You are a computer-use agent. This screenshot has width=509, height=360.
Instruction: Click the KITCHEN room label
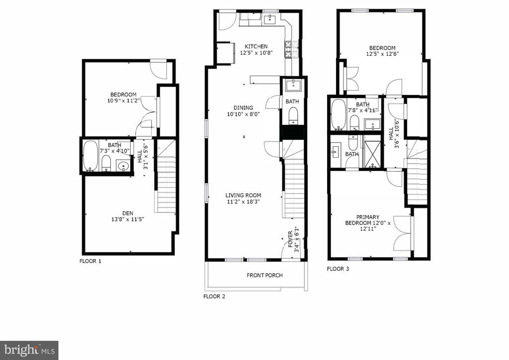point(256,46)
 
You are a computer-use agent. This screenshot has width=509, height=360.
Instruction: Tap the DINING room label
point(244,108)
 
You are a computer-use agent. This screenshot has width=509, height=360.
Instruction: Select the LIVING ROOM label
point(244,195)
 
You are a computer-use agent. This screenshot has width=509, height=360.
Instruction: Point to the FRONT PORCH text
point(264,275)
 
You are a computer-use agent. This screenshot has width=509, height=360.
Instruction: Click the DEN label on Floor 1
point(128,213)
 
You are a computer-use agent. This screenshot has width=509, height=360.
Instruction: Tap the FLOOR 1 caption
point(90,261)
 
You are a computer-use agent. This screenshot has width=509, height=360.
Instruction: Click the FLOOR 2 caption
point(214,296)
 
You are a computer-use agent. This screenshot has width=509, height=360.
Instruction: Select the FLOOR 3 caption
point(338,269)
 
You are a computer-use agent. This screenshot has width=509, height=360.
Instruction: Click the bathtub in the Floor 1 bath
point(90,156)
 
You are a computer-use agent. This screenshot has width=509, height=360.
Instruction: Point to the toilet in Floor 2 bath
point(293,115)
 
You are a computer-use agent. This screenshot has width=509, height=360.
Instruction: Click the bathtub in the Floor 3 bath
point(339,114)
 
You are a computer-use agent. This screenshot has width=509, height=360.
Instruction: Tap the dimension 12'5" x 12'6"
point(382,54)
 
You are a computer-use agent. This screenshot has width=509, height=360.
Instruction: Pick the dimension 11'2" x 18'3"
point(244,201)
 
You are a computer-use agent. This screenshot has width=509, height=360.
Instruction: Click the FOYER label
point(290,239)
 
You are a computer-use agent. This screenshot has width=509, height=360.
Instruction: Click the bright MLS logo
point(29,350)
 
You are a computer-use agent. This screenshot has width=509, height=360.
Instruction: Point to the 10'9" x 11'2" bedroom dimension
point(123,100)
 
